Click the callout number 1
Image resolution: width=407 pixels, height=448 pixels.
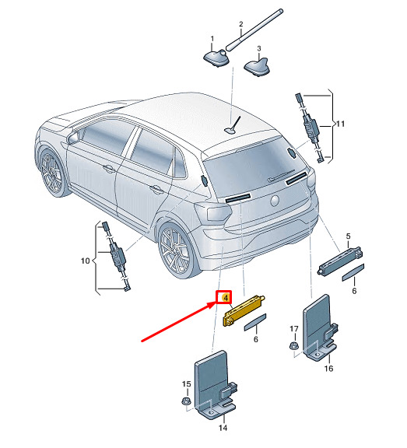tap(212, 38)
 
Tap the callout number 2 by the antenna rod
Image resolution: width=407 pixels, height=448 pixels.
tap(241, 24)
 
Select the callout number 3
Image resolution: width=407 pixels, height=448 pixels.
tap(259, 48)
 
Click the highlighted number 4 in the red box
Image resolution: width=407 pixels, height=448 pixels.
tap(226, 298)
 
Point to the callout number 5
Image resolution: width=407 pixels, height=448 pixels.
tap(348, 236)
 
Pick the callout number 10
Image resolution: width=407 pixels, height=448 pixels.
tap(85, 261)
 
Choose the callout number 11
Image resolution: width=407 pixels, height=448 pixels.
tap(340, 124)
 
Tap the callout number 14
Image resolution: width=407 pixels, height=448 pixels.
tap(223, 428)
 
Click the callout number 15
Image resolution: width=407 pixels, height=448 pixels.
tap(186, 384)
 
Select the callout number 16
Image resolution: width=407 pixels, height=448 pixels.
tap(328, 369)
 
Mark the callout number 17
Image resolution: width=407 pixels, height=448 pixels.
tap(294, 329)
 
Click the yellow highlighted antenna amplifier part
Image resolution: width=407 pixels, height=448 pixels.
tap(244, 310)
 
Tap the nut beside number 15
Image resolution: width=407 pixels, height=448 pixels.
tap(186, 401)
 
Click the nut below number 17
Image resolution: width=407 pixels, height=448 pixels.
tap(293, 346)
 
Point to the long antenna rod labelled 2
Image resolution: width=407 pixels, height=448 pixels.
tap(254, 30)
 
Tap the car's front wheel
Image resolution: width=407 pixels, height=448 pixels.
tap(52, 172)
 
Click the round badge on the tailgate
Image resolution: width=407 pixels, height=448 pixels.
tap(275, 201)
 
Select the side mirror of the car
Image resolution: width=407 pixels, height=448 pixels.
tap(73, 138)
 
